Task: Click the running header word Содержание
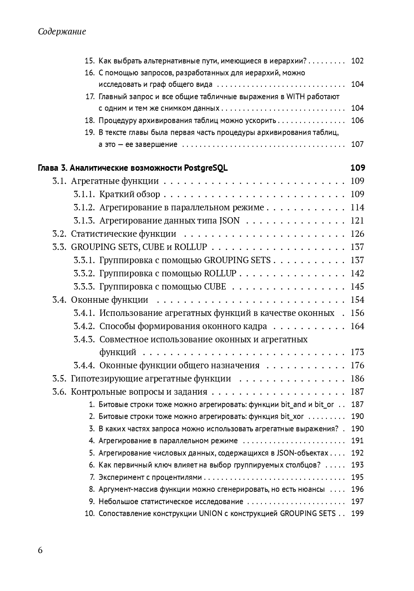click(x=62, y=32)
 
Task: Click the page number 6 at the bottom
click(x=40, y=550)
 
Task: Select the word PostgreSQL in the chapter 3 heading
click(x=206, y=168)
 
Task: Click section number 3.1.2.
click(x=85, y=207)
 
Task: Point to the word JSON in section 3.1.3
click(x=230, y=221)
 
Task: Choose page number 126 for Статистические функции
click(x=357, y=234)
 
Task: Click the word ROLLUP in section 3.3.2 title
click(x=220, y=273)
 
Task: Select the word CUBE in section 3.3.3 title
click(x=215, y=287)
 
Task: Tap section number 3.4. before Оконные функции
click(x=60, y=300)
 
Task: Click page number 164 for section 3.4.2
click(x=357, y=326)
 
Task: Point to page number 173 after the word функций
click(x=357, y=352)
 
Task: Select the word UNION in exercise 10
click(x=210, y=514)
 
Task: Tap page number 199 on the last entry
click(x=357, y=514)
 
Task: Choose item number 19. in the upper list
click(x=89, y=132)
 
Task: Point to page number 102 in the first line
click(x=357, y=60)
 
